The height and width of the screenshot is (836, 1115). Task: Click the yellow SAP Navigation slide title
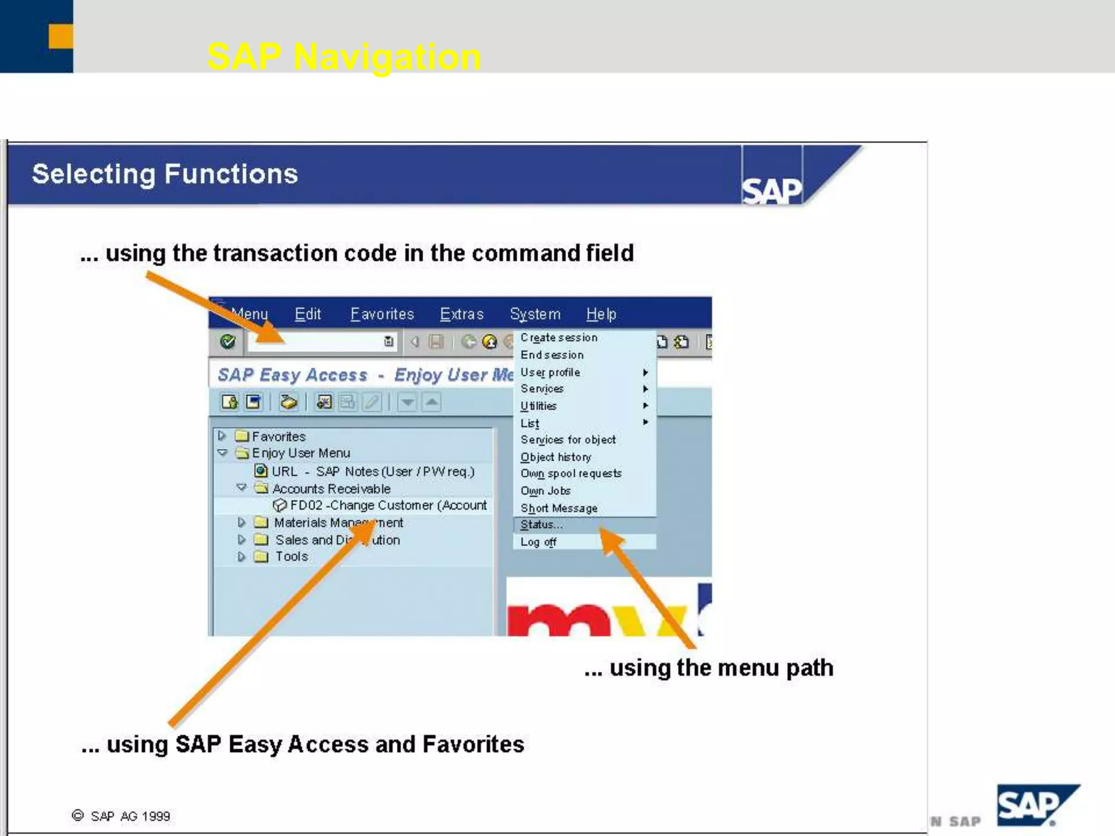[x=344, y=57]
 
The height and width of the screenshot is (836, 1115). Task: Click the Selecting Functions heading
[x=165, y=174]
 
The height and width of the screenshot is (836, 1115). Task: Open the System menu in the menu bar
[x=535, y=314]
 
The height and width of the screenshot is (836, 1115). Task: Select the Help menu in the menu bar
[x=601, y=314]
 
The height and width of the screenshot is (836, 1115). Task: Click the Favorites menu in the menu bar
[x=382, y=314]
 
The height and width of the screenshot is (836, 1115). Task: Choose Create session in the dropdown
[x=559, y=337]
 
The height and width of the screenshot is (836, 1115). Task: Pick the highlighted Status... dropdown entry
[x=541, y=525]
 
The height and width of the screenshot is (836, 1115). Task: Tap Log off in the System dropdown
[x=538, y=542]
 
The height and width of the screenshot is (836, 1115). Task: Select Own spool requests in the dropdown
[x=571, y=474]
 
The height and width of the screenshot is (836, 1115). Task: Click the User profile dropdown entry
[x=550, y=372]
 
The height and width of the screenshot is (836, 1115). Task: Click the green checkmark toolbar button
[x=228, y=342]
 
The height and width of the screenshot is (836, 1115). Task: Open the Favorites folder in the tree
[x=278, y=437]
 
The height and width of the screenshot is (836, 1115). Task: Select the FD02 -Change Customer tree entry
[x=388, y=505]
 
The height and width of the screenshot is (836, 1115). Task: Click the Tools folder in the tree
[x=291, y=556]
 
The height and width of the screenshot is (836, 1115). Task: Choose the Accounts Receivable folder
[x=331, y=489]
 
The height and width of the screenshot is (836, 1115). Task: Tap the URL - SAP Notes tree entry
[x=372, y=471]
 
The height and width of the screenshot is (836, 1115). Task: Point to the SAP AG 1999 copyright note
[x=122, y=816]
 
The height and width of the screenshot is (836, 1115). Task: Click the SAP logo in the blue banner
[x=771, y=190]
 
